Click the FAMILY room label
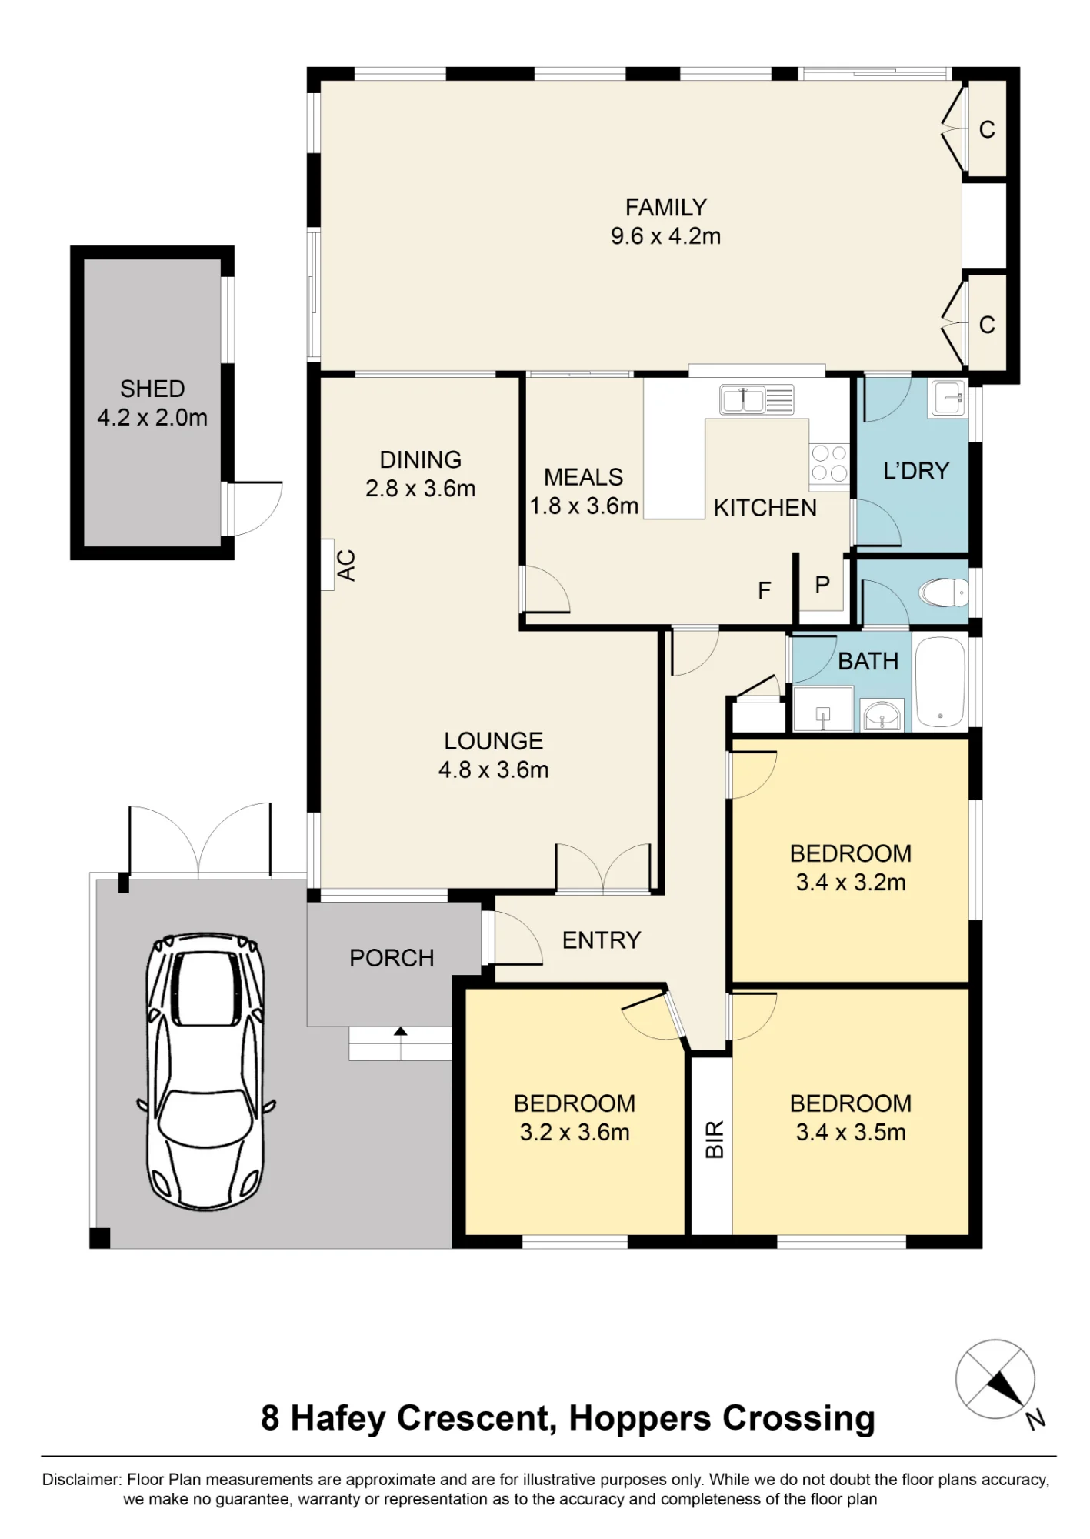[665, 207]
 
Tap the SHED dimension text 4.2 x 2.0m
[152, 417]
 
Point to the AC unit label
[347, 565]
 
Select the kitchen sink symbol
[756, 399]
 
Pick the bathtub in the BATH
[940, 681]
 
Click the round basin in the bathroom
[882, 716]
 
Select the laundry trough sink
[948, 398]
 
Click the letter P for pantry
[822, 585]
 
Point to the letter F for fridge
[764, 590]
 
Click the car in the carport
[205, 1071]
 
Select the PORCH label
[392, 958]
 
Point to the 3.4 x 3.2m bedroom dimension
[851, 883]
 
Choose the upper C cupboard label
[987, 130]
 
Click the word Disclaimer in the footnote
[82, 1480]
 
